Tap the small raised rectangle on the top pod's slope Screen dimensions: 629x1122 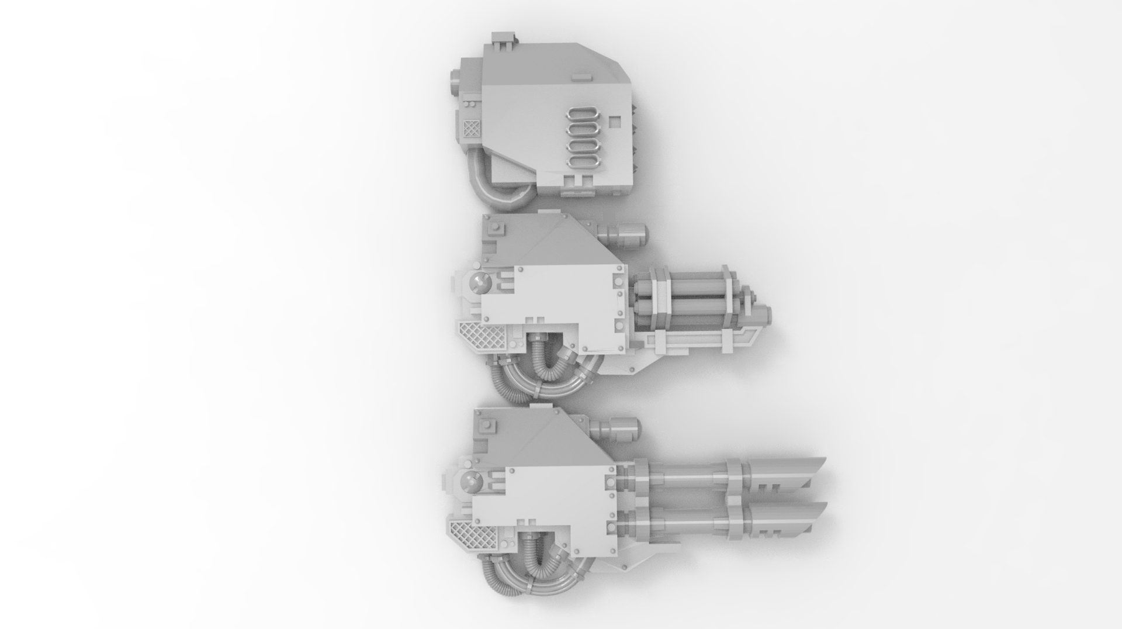tap(580, 77)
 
